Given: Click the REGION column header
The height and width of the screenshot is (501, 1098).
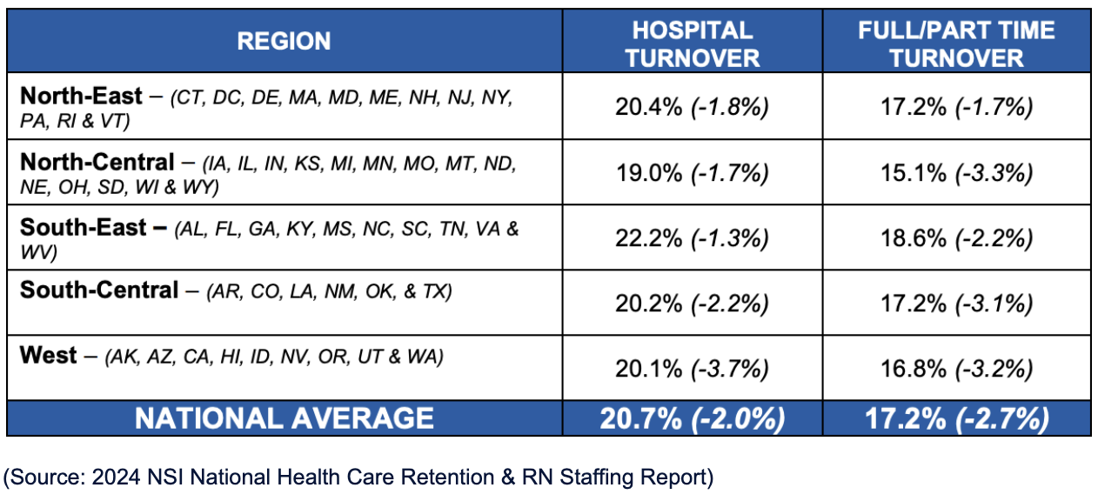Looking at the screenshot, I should point(284,41).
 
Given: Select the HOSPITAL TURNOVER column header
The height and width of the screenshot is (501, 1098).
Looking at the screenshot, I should point(692,43).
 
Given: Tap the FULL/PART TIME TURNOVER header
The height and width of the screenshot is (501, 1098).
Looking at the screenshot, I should point(955,43).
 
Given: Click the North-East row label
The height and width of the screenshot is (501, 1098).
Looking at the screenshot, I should point(81,95).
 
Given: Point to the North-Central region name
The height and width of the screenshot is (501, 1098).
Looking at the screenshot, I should point(97,162).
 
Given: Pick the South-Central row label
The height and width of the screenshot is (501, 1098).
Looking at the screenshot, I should point(98,290).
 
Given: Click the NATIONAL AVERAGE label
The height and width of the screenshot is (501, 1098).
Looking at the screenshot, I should point(284,418).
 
